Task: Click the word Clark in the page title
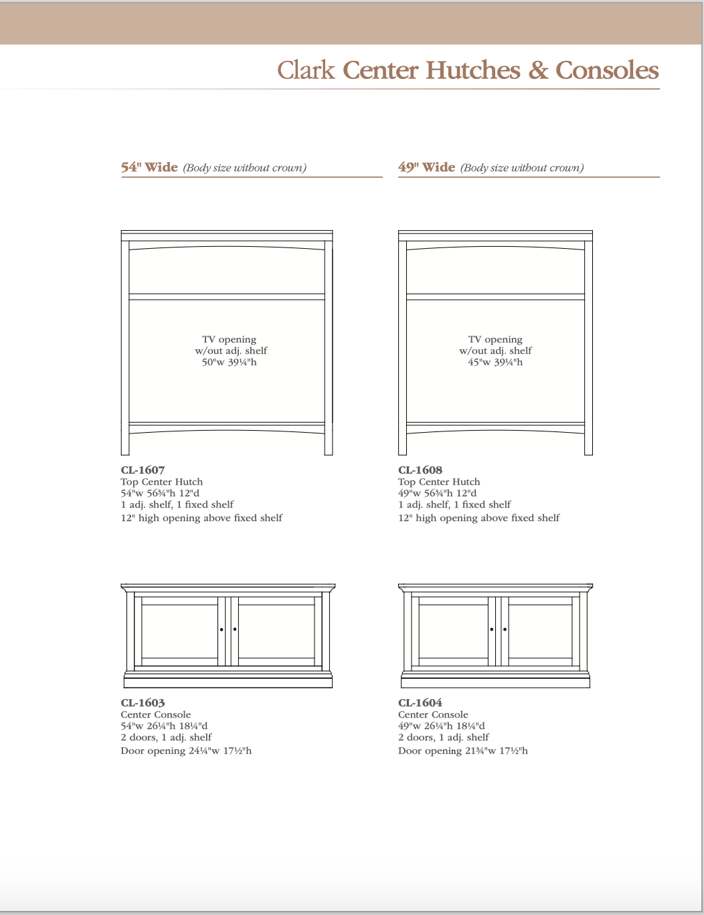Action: coord(306,70)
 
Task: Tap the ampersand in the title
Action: coord(538,70)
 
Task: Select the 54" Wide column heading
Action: coord(149,167)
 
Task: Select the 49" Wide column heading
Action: coord(426,167)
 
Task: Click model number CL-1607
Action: coord(143,470)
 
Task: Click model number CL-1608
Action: coord(420,470)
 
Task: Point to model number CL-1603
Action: coord(143,703)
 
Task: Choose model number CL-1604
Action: coord(420,703)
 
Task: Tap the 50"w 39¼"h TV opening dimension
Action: coord(230,363)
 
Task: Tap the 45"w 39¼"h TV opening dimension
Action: coord(495,363)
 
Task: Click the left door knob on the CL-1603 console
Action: coord(222,629)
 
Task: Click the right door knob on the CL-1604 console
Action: coord(505,629)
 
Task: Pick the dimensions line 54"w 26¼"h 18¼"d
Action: coord(164,726)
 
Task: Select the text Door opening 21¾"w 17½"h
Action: coord(463,750)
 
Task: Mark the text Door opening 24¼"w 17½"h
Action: coord(186,750)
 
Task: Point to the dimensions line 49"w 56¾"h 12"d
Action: coord(438,493)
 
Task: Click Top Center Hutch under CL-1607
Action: coord(161,482)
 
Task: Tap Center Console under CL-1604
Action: coord(433,714)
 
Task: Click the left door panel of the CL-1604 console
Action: coord(453,631)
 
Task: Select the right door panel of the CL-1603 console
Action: coord(276,631)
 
